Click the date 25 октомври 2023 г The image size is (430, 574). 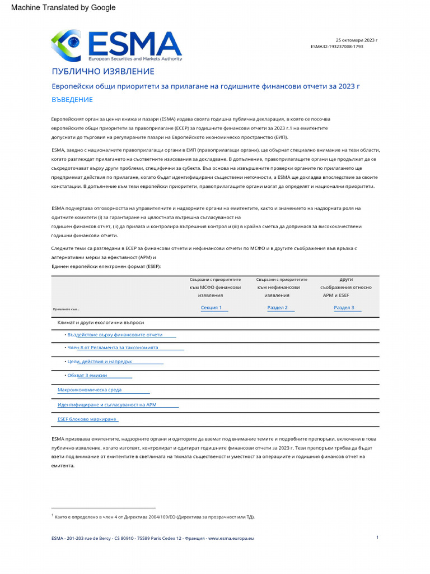click(356, 40)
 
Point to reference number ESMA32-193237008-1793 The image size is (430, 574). click(336, 47)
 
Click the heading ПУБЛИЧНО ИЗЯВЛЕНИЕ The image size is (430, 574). click(102, 72)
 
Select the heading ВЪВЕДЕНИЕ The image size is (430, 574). click(72, 100)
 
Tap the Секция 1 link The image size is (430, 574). click(211, 308)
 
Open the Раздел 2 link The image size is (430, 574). click(277, 308)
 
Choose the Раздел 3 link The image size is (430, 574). click(344, 308)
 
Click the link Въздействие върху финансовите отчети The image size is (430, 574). click(115, 335)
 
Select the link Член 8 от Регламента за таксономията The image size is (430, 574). click(113, 348)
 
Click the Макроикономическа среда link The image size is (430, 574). click(90, 390)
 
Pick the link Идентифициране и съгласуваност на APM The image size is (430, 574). click(107, 404)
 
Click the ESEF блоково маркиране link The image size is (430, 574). click(87, 419)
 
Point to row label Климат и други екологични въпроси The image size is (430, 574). click(101, 322)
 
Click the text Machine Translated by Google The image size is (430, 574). click(63, 7)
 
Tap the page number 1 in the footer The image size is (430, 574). click(377, 538)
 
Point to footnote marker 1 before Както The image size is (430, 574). click(52, 515)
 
